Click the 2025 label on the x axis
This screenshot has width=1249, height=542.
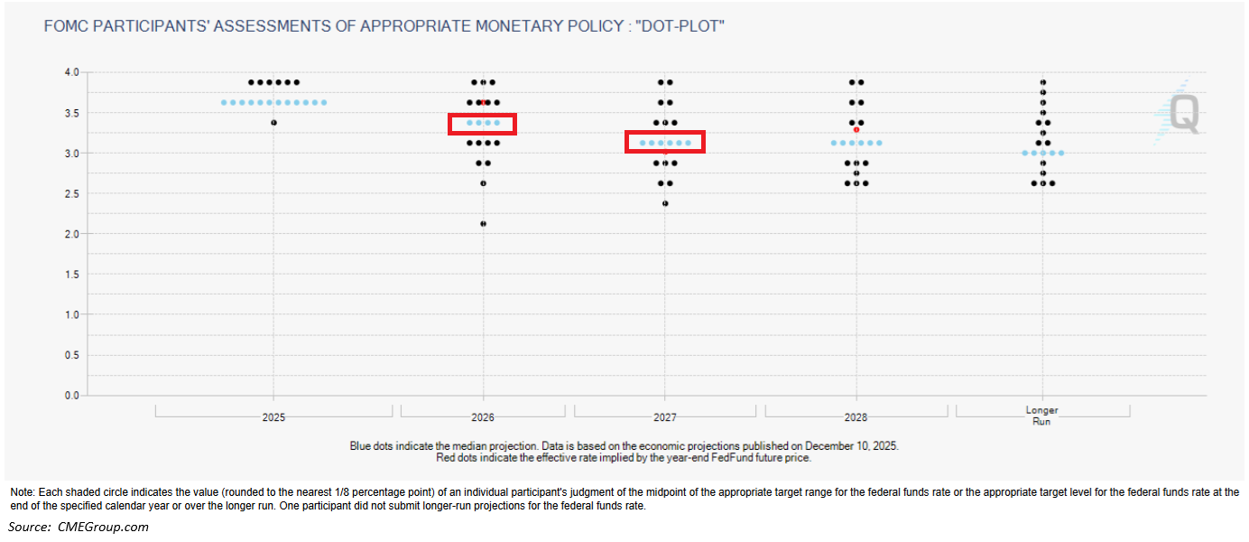(x=273, y=418)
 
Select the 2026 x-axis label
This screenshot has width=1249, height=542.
(x=483, y=418)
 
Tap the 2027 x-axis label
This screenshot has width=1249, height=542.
(x=665, y=418)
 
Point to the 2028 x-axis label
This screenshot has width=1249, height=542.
(x=856, y=418)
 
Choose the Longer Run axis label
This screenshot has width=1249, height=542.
(x=1042, y=416)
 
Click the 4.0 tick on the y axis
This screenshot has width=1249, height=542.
(x=72, y=72)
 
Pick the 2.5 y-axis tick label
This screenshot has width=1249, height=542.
(x=72, y=193)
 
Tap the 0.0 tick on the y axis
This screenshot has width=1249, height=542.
(x=72, y=396)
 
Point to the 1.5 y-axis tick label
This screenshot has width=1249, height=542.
(x=72, y=274)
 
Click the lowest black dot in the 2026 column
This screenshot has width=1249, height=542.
(x=483, y=223)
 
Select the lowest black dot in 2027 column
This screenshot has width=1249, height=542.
(x=665, y=203)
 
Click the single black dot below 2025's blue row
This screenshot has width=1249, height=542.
(x=273, y=122)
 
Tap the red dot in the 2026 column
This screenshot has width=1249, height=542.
(x=484, y=102)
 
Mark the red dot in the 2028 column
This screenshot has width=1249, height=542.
(x=856, y=129)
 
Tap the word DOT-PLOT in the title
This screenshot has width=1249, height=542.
(x=680, y=27)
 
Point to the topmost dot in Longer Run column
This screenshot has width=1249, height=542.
(x=1042, y=82)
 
